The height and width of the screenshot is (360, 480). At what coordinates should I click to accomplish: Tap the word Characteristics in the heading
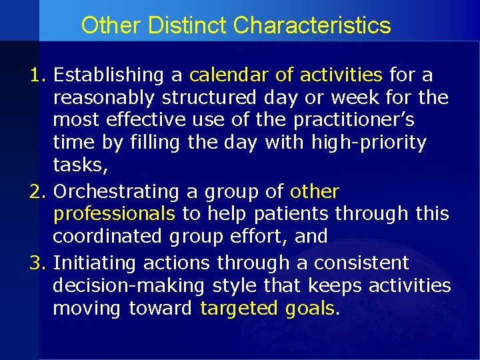coord(312,26)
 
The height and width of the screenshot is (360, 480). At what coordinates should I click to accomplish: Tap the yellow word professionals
coord(114,215)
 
